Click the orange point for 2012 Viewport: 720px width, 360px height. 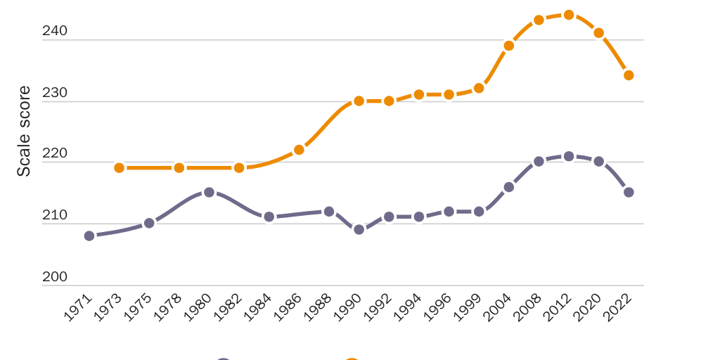(569, 15)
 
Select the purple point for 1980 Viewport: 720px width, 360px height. (209, 192)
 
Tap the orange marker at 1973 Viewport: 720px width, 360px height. (120, 167)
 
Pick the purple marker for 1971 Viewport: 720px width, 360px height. (89, 236)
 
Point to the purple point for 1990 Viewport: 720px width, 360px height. (359, 229)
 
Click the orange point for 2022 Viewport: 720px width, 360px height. (629, 75)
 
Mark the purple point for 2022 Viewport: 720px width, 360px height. (629, 192)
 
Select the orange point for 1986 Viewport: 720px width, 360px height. (299, 150)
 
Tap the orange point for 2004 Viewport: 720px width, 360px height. (509, 46)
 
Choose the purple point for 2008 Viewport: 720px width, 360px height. (539, 161)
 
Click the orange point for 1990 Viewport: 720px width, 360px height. (359, 101)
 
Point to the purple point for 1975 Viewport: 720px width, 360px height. (149, 223)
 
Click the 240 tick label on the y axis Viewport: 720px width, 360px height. (55, 31)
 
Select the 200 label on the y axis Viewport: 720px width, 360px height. (55, 277)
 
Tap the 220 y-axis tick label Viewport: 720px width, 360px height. (55, 154)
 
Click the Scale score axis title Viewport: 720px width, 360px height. (24, 131)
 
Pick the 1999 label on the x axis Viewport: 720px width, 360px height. (468, 307)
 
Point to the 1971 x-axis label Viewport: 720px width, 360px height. (79, 307)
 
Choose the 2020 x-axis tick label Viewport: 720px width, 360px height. (589, 307)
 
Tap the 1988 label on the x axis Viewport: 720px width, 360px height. (319, 307)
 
